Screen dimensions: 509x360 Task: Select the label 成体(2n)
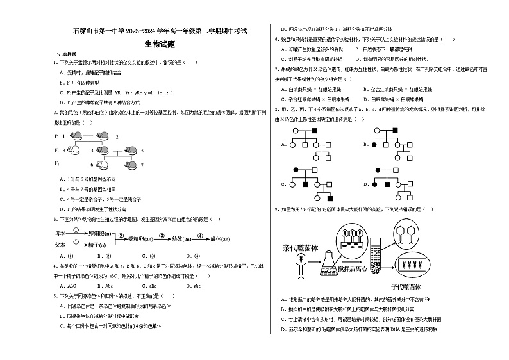222,238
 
